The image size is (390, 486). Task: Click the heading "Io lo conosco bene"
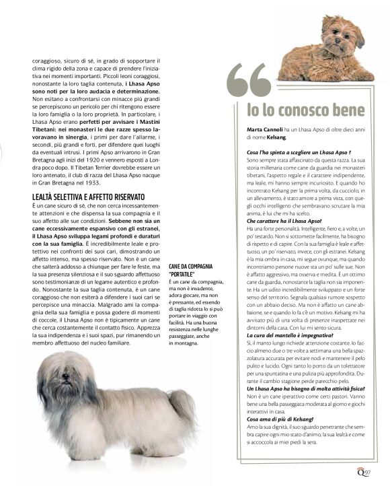tap(305, 110)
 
